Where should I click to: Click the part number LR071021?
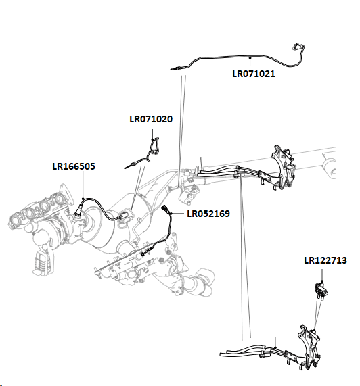click(x=254, y=73)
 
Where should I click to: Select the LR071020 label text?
click(x=151, y=120)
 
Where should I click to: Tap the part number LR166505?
click(x=74, y=166)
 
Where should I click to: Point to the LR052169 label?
click(x=208, y=214)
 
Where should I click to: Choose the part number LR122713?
click(x=325, y=260)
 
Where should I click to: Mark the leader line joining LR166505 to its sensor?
click(x=83, y=186)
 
